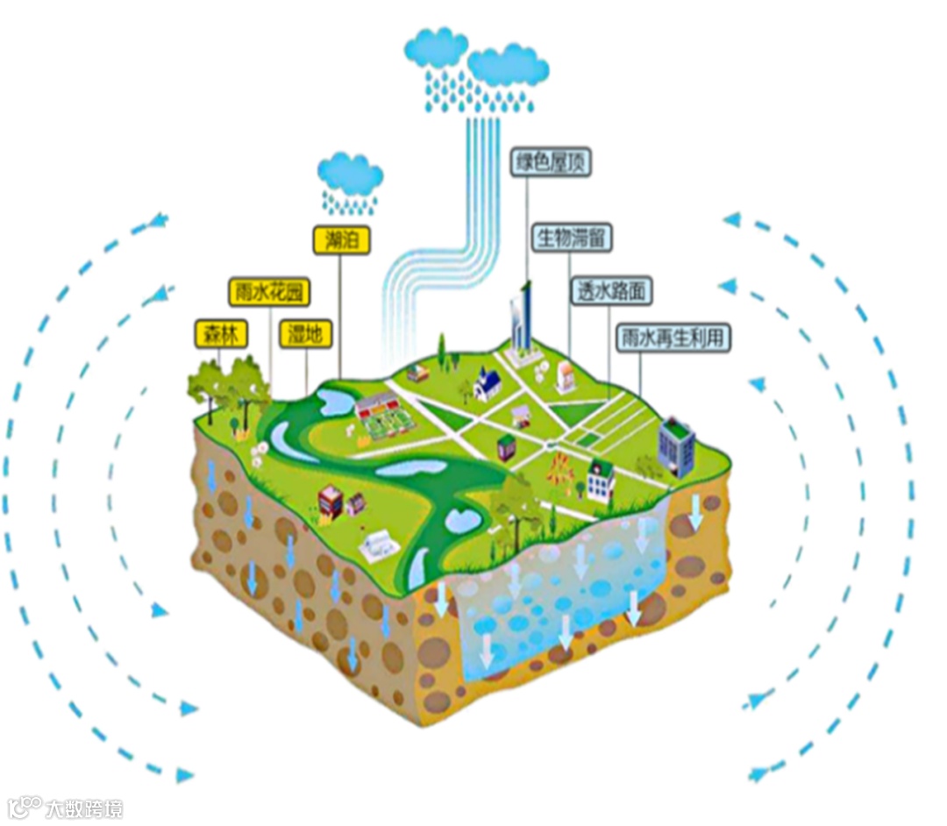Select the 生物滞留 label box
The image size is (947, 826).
coord(573,238)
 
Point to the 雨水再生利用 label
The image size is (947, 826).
coord(673,337)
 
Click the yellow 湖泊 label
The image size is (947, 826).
coord(341,240)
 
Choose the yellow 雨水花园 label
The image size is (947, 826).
coord(270,291)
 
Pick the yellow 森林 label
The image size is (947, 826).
coord(222,333)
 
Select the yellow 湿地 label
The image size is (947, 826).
coord(306,333)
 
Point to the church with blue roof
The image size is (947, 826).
coord(488,383)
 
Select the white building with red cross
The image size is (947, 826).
coord(601,480)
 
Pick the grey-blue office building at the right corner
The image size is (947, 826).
coord(676,445)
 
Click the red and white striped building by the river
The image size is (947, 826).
coord(330,501)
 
